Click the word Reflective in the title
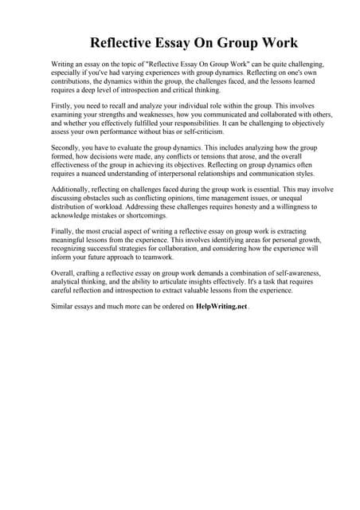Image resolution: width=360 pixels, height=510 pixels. tap(124, 42)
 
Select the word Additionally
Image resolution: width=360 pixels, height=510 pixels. tap(72, 202)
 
